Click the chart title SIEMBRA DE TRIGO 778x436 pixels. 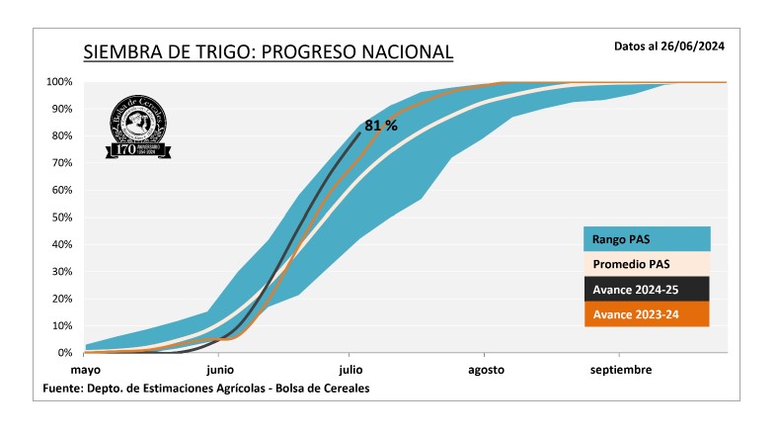(268, 51)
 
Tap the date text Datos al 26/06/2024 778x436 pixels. (669, 45)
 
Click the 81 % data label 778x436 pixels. (380, 126)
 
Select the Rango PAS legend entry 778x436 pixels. (646, 239)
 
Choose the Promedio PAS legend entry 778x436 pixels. (646, 265)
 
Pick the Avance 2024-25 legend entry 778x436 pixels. (646, 290)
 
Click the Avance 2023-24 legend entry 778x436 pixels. (646, 315)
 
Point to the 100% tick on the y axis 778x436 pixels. (59, 82)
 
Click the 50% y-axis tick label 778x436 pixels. (61, 218)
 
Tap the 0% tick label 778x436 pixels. (65, 353)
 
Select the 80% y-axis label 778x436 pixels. (61, 136)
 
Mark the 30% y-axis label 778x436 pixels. (61, 272)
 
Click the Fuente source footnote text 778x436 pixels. (206, 389)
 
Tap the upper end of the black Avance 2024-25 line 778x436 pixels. (359, 133)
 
